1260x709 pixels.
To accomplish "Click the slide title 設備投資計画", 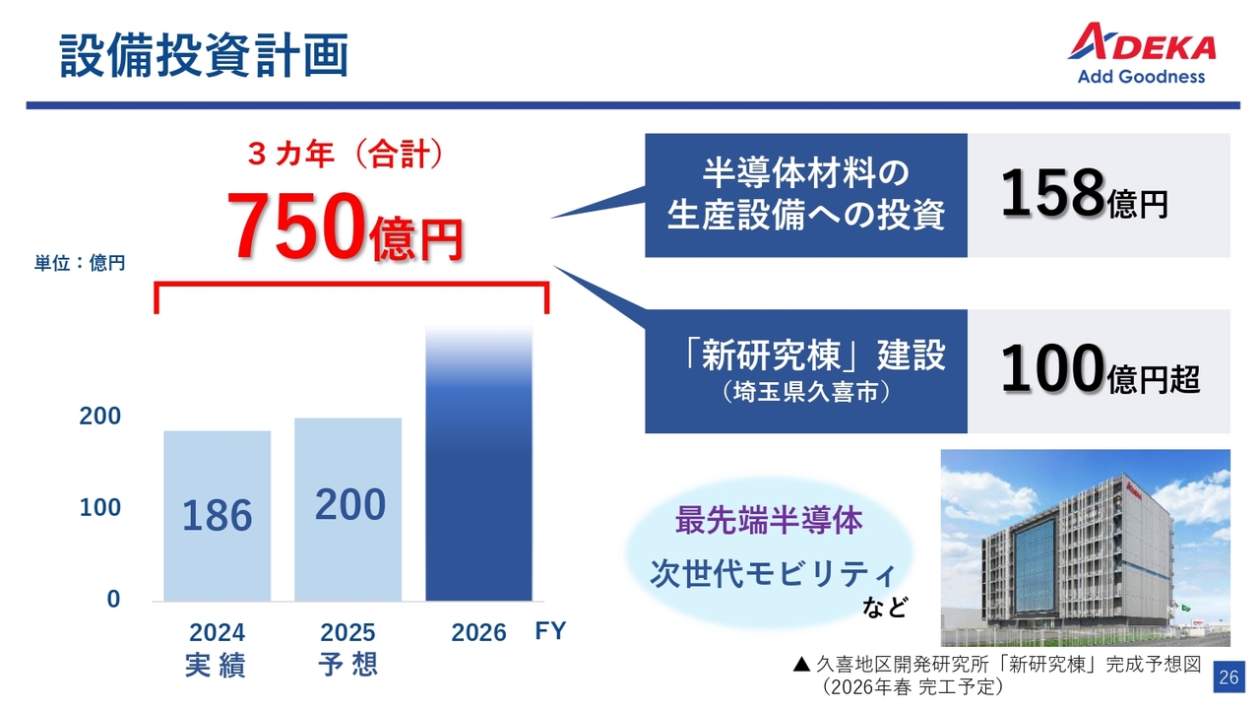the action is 204,55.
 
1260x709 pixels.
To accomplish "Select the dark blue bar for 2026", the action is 478,464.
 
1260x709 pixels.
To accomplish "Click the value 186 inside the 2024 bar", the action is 218,515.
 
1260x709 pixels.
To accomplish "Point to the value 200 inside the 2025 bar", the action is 349,504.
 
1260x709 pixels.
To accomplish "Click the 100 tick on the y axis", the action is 100,507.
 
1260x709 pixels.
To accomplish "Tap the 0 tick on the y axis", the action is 113,600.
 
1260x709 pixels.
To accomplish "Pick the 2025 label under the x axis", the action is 347,632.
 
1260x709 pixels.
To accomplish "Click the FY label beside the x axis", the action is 550,631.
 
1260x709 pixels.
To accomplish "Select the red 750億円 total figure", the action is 345,227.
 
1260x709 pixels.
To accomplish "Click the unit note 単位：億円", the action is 80,263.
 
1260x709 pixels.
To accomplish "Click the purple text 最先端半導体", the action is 769,520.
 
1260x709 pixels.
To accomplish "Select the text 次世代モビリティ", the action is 773,574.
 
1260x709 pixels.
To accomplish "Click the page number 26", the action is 1228,677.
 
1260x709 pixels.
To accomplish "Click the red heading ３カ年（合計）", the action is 346,155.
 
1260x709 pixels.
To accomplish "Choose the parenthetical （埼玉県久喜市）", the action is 806,392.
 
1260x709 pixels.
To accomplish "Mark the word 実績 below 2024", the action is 216,666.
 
